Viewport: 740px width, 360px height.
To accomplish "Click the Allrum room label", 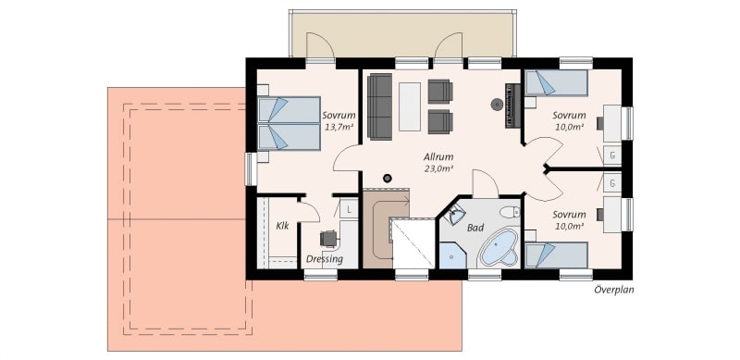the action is [438, 156].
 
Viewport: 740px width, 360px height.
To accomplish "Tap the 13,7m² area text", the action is [339, 127].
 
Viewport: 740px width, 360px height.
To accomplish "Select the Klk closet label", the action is [282, 226].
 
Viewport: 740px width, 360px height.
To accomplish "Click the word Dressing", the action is [325, 259].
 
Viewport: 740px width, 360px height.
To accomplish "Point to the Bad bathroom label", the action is [475, 228].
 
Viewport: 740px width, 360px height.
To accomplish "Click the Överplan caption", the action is [613, 290].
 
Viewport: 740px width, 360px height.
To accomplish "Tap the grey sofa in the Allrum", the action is [380, 106].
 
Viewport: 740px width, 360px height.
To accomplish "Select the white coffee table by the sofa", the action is [410, 106].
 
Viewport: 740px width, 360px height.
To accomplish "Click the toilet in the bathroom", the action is [510, 212].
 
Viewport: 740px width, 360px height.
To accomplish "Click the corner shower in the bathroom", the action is [452, 255].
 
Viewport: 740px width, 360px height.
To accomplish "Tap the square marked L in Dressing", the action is [349, 209].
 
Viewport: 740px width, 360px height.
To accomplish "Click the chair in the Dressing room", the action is [329, 238].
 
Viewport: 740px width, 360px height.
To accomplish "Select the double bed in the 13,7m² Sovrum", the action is [289, 123].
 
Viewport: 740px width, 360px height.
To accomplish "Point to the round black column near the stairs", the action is [388, 178].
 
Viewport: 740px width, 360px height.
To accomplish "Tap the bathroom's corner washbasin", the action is [455, 216].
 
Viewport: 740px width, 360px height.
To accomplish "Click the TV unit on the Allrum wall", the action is [512, 106].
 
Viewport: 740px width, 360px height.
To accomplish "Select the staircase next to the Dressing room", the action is [386, 229].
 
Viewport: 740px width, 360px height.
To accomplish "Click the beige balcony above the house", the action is [402, 33].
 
